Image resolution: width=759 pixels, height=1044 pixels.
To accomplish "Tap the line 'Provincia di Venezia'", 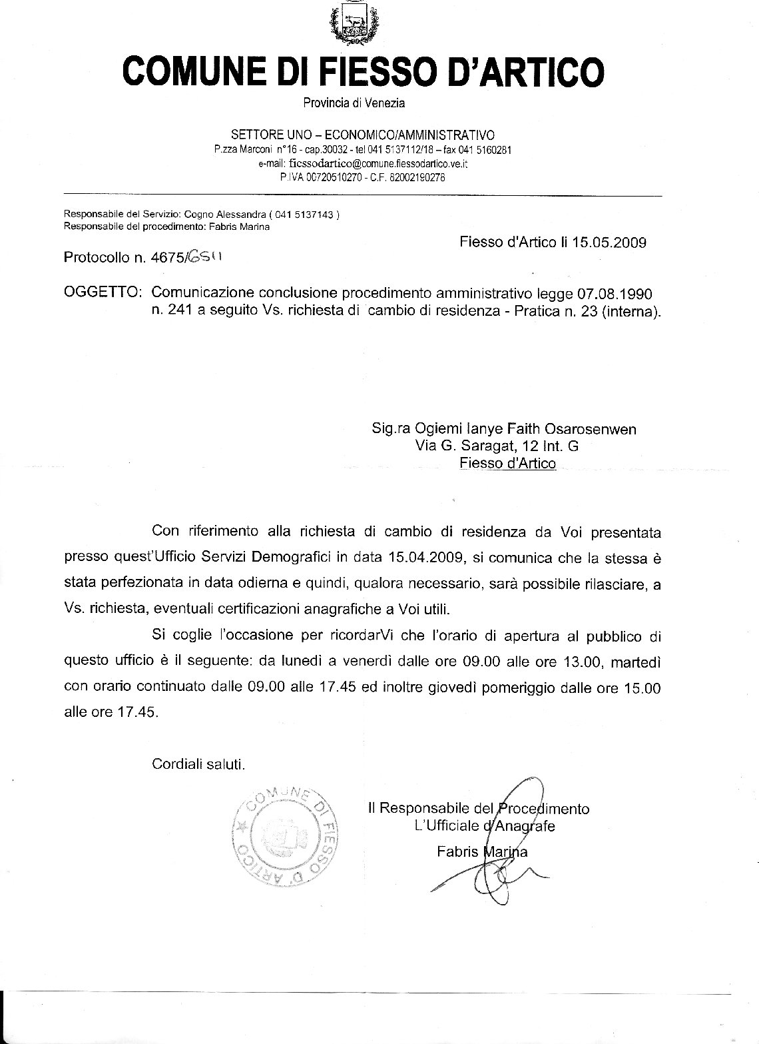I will click(x=354, y=103).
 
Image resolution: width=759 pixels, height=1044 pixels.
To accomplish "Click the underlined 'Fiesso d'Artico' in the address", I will click(x=507, y=464).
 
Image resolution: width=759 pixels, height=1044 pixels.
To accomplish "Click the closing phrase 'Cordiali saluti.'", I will click(x=198, y=763).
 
